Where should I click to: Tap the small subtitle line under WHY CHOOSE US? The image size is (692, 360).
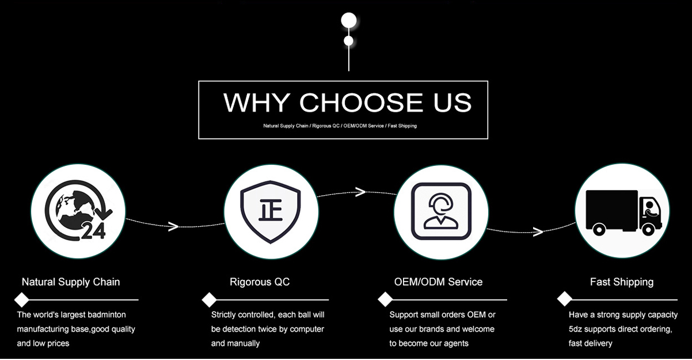pos(340,126)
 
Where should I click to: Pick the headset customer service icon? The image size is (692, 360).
pos(440,211)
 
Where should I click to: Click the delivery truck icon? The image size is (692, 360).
pos(622,211)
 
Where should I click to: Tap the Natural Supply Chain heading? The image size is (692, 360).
pos(71,282)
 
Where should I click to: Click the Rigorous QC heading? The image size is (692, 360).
pos(260,282)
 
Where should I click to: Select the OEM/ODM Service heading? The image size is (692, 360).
pos(438,282)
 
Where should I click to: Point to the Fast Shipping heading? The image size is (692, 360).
pos(622,282)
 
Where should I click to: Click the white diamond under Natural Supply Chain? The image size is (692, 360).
pos(22,300)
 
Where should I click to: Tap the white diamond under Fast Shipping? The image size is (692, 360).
pos(565,299)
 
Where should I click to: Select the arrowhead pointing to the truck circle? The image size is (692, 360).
pos(538,232)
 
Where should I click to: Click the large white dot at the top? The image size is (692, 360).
pos(349,20)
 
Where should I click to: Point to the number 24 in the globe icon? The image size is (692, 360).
pos(93,232)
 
